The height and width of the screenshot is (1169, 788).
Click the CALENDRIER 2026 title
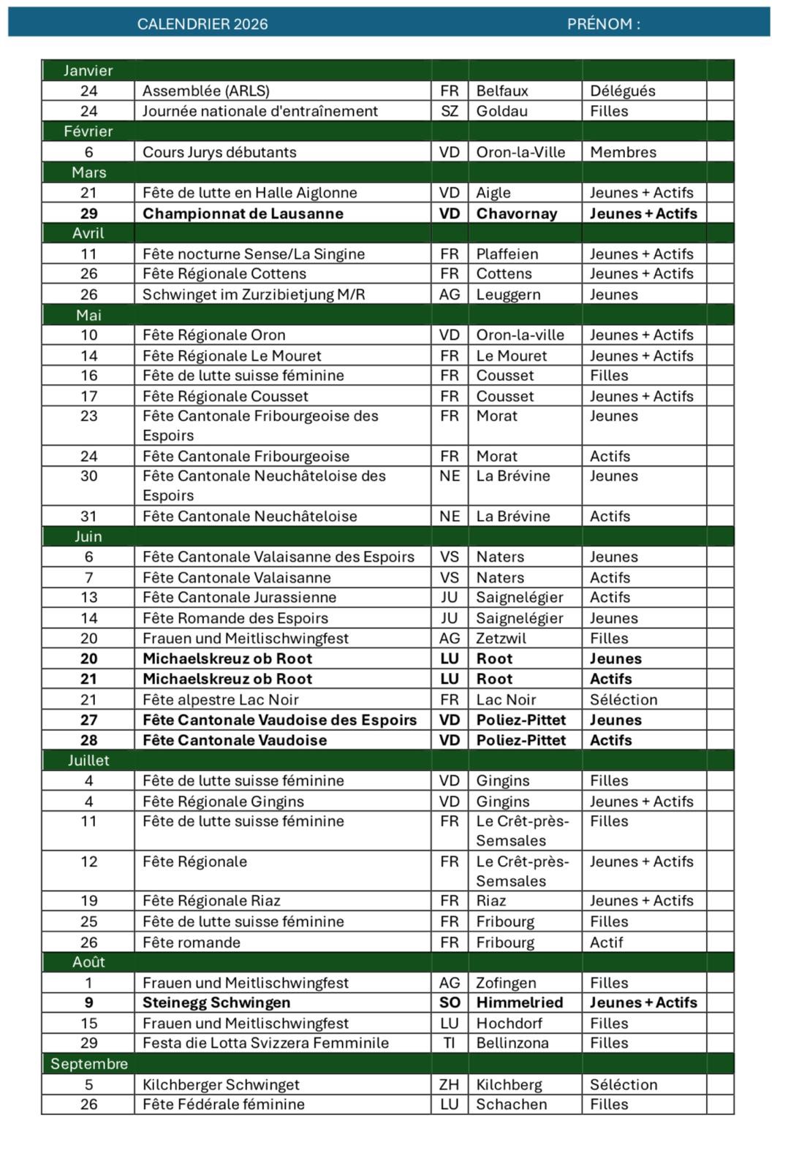pyautogui.click(x=202, y=24)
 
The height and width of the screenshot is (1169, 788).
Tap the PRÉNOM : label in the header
pyautogui.click(x=603, y=24)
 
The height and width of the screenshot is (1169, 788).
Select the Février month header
pyautogui.click(x=88, y=132)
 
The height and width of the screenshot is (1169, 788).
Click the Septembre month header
pyautogui.click(x=88, y=1064)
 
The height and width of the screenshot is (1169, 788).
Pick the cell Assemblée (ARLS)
pyautogui.click(x=206, y=91)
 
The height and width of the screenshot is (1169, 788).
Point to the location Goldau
pyautogui.click(x=503, y=111)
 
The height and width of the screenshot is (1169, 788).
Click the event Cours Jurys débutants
pyautogui.click(x=219, y=152)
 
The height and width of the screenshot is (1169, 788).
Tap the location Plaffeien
pyautogui.click(x=507, y=254)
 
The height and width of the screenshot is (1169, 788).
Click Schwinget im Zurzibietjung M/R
pyautogui.click(x=254, y=294)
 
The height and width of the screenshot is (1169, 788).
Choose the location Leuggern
pyautogui.click(x=508, y=294)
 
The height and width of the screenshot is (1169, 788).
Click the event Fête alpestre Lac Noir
pyautogui.click(x=221, y=699)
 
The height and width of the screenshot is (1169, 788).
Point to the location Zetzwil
pyautogui.click(x=501, y=638)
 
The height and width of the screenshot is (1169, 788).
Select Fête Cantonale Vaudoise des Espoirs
pyautogui.click(x=279, y=720)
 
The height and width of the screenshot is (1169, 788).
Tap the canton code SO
pyautogui.click(x=450, y=1002)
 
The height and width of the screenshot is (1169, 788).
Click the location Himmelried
pyautogui.click(x=519, y=1002)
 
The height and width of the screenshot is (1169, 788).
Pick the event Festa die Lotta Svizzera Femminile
pyautogui.click(x=265, y=1043)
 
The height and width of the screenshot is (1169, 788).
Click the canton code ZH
pyautogui.click(x=449, y=1084)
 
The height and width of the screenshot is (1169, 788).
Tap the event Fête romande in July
pyautogui.click(x=192, y=943)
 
